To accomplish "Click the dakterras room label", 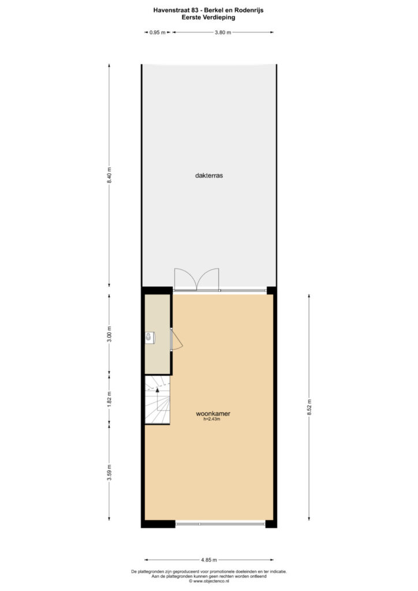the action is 209,175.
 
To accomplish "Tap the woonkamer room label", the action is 213,413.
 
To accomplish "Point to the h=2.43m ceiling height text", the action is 212,419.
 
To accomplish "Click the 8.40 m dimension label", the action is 109,175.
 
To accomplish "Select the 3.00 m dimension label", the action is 109,334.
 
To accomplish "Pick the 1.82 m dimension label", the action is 109,400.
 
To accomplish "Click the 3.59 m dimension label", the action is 109,473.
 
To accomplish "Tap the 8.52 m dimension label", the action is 309,407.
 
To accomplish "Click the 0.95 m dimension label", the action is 158,32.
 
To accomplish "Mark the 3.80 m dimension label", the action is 223,32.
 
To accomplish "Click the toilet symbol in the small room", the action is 150,338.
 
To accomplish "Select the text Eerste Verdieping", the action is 208,17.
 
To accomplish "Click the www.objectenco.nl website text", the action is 209,581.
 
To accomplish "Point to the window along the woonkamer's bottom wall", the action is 221,524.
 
